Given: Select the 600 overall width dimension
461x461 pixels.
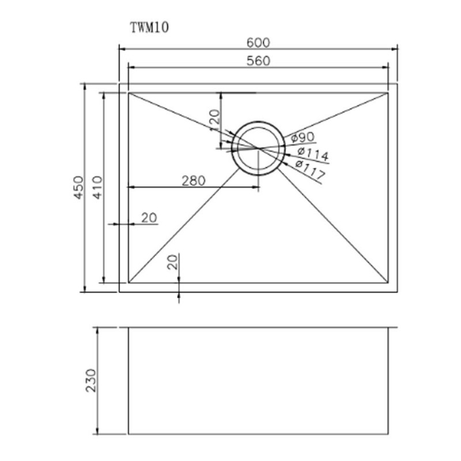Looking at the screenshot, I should pos(259,43).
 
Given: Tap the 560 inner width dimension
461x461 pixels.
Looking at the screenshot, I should pos(259,61).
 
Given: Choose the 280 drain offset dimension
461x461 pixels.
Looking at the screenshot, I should pos(193,180).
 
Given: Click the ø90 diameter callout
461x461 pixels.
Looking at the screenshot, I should pos(302,138).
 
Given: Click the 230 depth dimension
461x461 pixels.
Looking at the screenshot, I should pos(91,381).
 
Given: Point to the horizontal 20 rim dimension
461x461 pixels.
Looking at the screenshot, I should pos(149,218).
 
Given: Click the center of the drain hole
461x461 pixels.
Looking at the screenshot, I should pos(258,148).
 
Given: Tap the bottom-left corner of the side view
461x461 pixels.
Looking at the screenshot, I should pos(128,434).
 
